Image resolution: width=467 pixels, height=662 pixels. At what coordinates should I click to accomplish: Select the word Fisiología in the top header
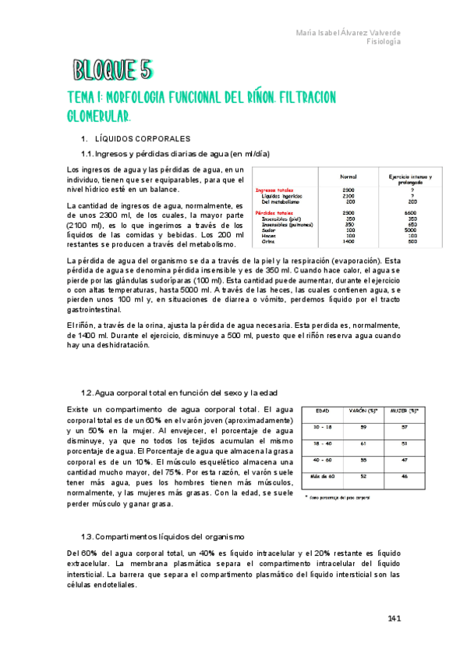tap(384, 42)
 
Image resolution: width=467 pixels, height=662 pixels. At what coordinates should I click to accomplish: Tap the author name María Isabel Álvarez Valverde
tap(349, 32)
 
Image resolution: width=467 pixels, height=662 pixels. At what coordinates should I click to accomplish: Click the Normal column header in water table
tap(348, 177)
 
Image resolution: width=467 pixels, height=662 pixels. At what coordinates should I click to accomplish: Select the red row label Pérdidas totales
tap(275, 212)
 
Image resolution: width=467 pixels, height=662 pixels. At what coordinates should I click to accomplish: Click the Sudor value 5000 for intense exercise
tap(411, 230)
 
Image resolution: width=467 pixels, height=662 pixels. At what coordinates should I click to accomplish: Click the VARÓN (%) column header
tap(363, 411)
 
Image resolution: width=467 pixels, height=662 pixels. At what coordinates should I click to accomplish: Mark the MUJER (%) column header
tap(403, 411)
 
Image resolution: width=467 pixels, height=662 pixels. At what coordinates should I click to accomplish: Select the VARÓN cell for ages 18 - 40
tap(363, 443)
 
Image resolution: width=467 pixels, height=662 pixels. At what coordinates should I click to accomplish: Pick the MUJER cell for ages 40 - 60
tap(403, 460)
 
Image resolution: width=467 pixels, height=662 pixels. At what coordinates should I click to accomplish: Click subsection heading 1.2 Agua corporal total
tap(179, 392)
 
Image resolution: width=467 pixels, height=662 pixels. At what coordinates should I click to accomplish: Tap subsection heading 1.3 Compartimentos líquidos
tap(162, 537)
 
